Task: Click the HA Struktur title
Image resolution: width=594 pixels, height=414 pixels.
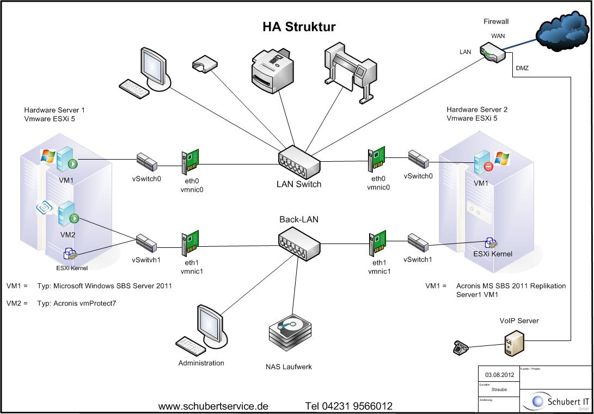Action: point(299,27)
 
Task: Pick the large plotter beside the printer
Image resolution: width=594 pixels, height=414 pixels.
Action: point(348,71)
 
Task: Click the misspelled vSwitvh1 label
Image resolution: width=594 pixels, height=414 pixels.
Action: point(146,260)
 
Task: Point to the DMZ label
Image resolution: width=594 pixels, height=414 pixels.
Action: point(522,68)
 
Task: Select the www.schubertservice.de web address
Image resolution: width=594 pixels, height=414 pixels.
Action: point(213,406)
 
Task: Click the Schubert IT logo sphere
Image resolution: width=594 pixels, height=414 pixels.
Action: point(538,401)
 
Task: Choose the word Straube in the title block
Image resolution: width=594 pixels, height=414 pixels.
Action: point(499,389)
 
